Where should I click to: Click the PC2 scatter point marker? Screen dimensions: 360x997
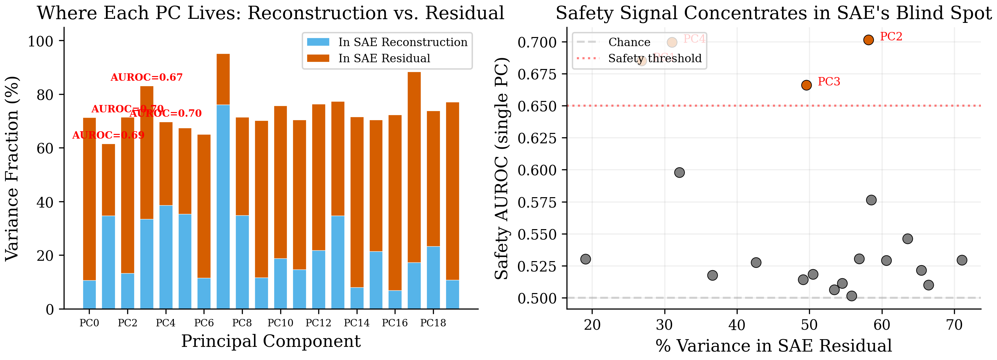pos(869,40)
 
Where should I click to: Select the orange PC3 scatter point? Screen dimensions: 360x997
pos(806,85)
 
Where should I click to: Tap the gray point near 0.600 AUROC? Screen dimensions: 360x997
pos(679,173)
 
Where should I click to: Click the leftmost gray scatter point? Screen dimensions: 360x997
pos(586,259)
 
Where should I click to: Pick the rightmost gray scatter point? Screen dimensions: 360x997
pos(962,260)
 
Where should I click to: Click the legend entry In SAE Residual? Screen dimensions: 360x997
pos(384,59)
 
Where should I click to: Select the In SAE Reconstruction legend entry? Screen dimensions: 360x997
pos(403,42)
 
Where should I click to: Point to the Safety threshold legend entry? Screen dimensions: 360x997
pos(655,59)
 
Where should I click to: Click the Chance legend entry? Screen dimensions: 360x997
pos(629,42)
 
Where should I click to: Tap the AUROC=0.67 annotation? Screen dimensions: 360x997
pos(146,77)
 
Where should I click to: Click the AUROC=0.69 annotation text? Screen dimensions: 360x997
pos(108,135)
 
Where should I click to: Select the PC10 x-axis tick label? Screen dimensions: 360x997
pos(280,323)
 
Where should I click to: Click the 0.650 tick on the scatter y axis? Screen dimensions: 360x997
pos(537,106)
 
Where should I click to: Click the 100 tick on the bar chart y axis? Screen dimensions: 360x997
pos(40,41)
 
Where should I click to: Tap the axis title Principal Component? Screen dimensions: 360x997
pos(270,341)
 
